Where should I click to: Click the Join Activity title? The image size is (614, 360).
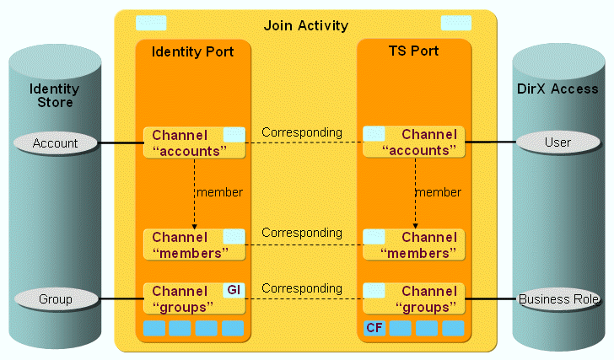coord(305,25)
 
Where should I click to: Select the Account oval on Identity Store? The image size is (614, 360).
coord(56,143)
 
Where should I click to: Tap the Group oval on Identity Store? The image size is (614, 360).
coord(56,298)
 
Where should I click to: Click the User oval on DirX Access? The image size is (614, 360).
coord(557,142)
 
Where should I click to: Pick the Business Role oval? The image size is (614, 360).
coord(558,298)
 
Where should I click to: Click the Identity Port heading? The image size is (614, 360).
coord(193,52)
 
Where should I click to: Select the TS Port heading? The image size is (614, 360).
coord(414,51)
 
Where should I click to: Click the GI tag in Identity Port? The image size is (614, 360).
coord(234,290)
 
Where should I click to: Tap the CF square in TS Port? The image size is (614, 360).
coord(374,327)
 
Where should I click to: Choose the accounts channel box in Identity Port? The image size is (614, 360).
coord(194,142)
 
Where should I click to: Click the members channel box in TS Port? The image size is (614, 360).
coord(414,244)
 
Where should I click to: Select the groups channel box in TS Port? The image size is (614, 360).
coord(414,298)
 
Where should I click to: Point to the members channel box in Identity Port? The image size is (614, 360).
coord(194,244)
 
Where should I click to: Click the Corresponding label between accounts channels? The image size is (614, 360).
coord(302,132)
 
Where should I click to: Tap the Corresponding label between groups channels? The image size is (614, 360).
coord(302,288)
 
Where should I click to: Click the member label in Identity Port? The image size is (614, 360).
coord(219,192)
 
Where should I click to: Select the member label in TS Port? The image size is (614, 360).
coord(439,192)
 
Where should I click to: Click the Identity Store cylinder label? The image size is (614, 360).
coord(55,95)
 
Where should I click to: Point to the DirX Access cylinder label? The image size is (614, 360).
coord(557,89)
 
